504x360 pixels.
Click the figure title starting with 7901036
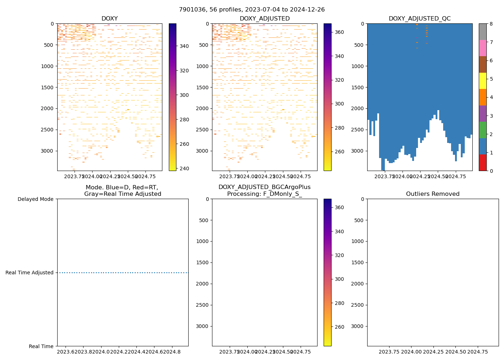pyautogui.click(x=252, y=10)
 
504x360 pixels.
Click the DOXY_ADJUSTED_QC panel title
pyautogui.click(x=419, y=19)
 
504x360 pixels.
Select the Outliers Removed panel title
pyautogui.click(x=432, y=194)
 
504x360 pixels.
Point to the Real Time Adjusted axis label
pyautogui.click(x=30, y=273)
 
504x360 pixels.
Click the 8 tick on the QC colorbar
pyautogui.click(x=491, y=24)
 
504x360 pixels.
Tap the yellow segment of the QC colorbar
pyautogui.click(x=482, y=81)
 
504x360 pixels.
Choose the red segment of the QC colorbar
pyautogui.click(x=482, y=163)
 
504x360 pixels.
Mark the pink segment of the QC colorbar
pyautogui.click(x=482, y=48)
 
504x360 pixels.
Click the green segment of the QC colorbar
pyautogui.click(x=482, y=130)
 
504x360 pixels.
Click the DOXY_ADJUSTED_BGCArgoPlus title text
pyautogui.click(x=264, y=187)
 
